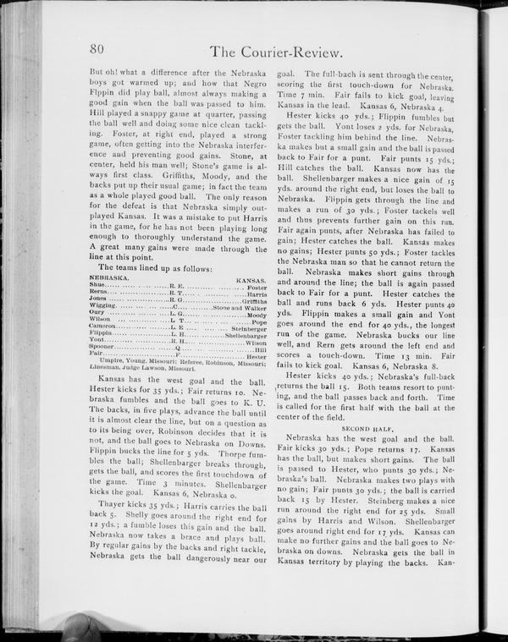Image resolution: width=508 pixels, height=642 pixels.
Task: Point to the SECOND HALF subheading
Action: coord(367,429)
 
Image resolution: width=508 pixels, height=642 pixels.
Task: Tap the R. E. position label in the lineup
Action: coord(177,286)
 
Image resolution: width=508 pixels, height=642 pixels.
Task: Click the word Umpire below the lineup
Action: coord(113,362)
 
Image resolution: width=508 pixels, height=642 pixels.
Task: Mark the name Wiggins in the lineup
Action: coord(102,306)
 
